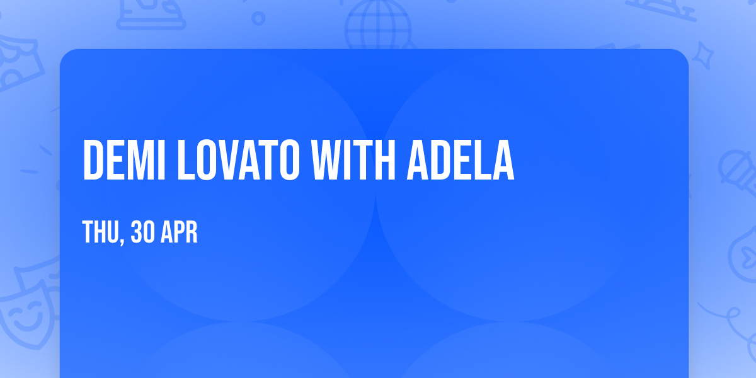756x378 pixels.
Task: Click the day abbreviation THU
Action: pyautogui.click(x=98, y=233)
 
